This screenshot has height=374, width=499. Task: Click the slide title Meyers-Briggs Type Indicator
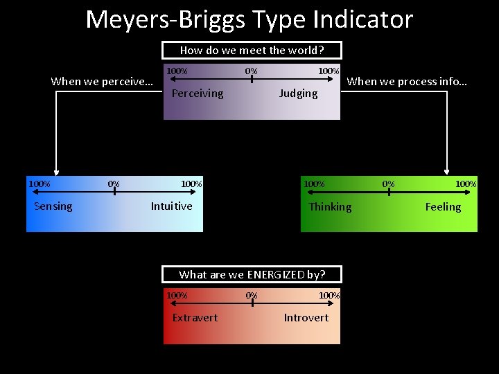point(249,19)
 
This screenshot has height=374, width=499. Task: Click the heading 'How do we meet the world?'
point(252,50)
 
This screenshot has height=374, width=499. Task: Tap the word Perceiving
point(198,93)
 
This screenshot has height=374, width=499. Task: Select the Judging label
point(298,93)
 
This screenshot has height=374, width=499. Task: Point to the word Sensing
point(53,206)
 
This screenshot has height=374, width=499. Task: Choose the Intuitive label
point(171,206)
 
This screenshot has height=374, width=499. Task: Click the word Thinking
point(330,206)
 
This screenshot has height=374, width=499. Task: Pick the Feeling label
point(443,206)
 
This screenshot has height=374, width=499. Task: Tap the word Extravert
point(195,318)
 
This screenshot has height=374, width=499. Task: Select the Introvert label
point(306,318)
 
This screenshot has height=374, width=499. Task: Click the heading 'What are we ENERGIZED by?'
point(252,274)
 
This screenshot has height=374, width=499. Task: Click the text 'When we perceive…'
point(102,81)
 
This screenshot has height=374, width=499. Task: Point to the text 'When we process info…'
point(407,81)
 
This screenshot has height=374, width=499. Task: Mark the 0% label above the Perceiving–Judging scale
point(251,71)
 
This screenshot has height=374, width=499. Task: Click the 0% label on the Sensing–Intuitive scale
point(114,184)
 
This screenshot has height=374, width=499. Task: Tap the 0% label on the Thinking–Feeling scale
point(389,184)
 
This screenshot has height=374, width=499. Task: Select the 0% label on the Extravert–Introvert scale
point(251,295)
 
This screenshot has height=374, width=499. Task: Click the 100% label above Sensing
point(39,184)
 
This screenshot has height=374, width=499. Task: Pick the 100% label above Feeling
point(466,184)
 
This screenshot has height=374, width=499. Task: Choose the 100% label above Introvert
point(329,295)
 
